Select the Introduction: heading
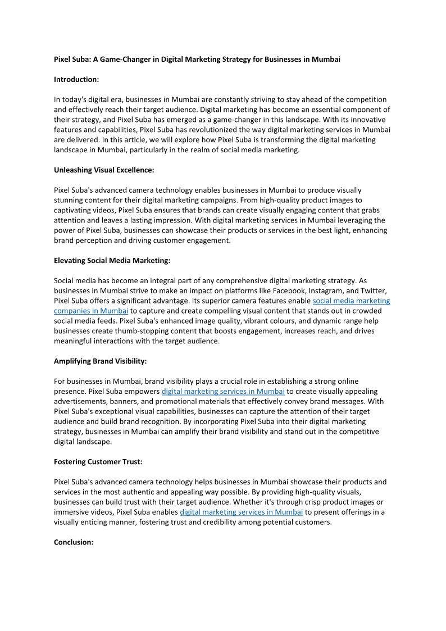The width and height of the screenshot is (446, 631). [76, 79]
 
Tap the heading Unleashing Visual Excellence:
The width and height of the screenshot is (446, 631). [104, 170]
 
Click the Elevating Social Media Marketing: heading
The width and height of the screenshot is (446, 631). [112, 260]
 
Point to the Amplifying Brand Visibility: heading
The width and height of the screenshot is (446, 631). [100, 361]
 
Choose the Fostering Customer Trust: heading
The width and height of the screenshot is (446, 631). [98, 462]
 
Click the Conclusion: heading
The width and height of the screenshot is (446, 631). [74, 542]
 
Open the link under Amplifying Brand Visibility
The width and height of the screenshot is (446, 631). [223, 392]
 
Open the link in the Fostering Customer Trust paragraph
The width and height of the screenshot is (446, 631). [241, 512]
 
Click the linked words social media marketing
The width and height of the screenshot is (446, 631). [351, 301]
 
